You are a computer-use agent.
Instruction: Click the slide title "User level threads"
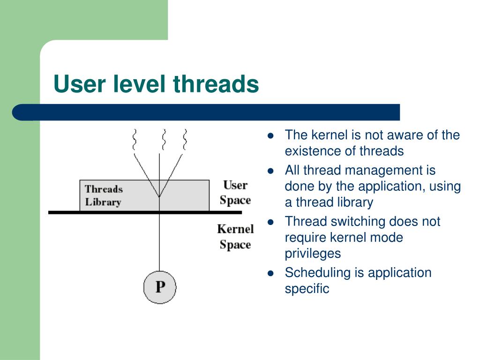point(156,85)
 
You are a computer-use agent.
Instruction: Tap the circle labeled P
point(160,286)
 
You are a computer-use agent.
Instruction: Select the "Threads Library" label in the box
point(103,195)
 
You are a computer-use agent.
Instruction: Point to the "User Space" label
point(235,193)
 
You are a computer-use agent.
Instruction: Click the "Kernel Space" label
point(235,237)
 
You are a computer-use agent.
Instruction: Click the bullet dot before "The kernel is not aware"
point(270,136)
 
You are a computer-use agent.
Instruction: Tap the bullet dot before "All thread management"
point(270,171)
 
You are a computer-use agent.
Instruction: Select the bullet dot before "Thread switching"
point(270,222)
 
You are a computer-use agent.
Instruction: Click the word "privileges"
point(313,254)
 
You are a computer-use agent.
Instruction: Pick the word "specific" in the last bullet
point(307,288)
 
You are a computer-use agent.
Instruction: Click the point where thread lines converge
point(159,196)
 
